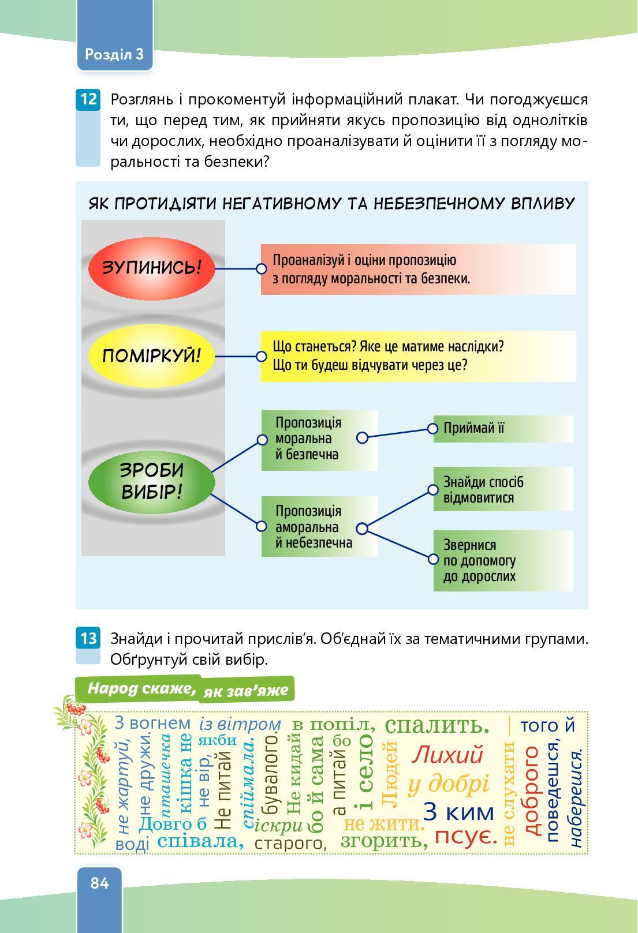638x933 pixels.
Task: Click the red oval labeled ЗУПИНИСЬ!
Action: click(x=151, y=268)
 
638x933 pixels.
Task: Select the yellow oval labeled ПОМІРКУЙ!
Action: click(x=151, y=355)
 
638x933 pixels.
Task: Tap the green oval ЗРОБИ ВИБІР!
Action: click(x=151, y=481)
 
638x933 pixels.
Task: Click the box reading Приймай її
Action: click(x=503, y=429)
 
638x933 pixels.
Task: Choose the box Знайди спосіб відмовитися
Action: click(x=503, y=489)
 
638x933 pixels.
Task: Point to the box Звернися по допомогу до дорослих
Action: click(x=503, y=560)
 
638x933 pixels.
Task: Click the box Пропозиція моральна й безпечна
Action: click(x=319, y=440)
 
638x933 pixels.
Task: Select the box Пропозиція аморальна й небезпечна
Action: click(x=319, y=527)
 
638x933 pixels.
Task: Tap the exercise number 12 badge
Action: click(x=88, y=99)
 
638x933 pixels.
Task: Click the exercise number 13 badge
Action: click(x=88, y=639)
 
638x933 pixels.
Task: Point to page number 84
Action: click(x=99, y=883)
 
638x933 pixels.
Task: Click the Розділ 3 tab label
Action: click(x=114, y=54)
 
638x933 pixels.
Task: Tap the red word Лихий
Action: click(x=448, y=755)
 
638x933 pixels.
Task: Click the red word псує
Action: click(x=465, y=836)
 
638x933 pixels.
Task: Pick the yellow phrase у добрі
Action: click(x=449, y=784)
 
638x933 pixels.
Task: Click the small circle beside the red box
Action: click(x=261, y=268)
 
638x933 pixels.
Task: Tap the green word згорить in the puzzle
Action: click(x=384, y=840)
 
